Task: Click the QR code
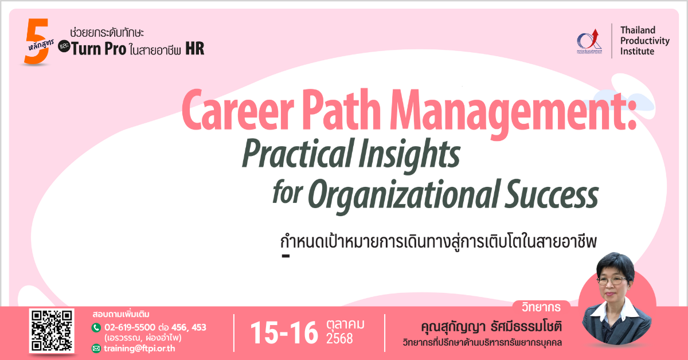pyautogui.click(x=52, y=331)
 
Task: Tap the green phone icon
pyautogui.click(x=96, y=328)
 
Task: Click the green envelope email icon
pyautogui.click(x=96, y=349)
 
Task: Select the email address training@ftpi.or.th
pyautogui.click(x=139, y=349)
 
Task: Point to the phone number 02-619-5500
pyautogui.click(x=130, y=327)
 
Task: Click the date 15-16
pyautogui.click(x=284, y=332)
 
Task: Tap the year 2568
pyautogui.click(x=339, y=338)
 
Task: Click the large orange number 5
pyautogui.click(x=37, y=41)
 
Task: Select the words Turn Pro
pyautogui.click(x=99, y=49)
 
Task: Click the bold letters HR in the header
pyautogui.click(x=195, y=49)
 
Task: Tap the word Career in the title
pyautogui.click(x=237, y=110)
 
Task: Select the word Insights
pyautogui.click(x=409, y=155)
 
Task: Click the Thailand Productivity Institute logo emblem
pyautogui.click(x=589, y=41)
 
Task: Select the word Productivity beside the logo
pyautogui.click(x=644, y=41)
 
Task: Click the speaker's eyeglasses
pyautogui.click(x=612, y=280)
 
